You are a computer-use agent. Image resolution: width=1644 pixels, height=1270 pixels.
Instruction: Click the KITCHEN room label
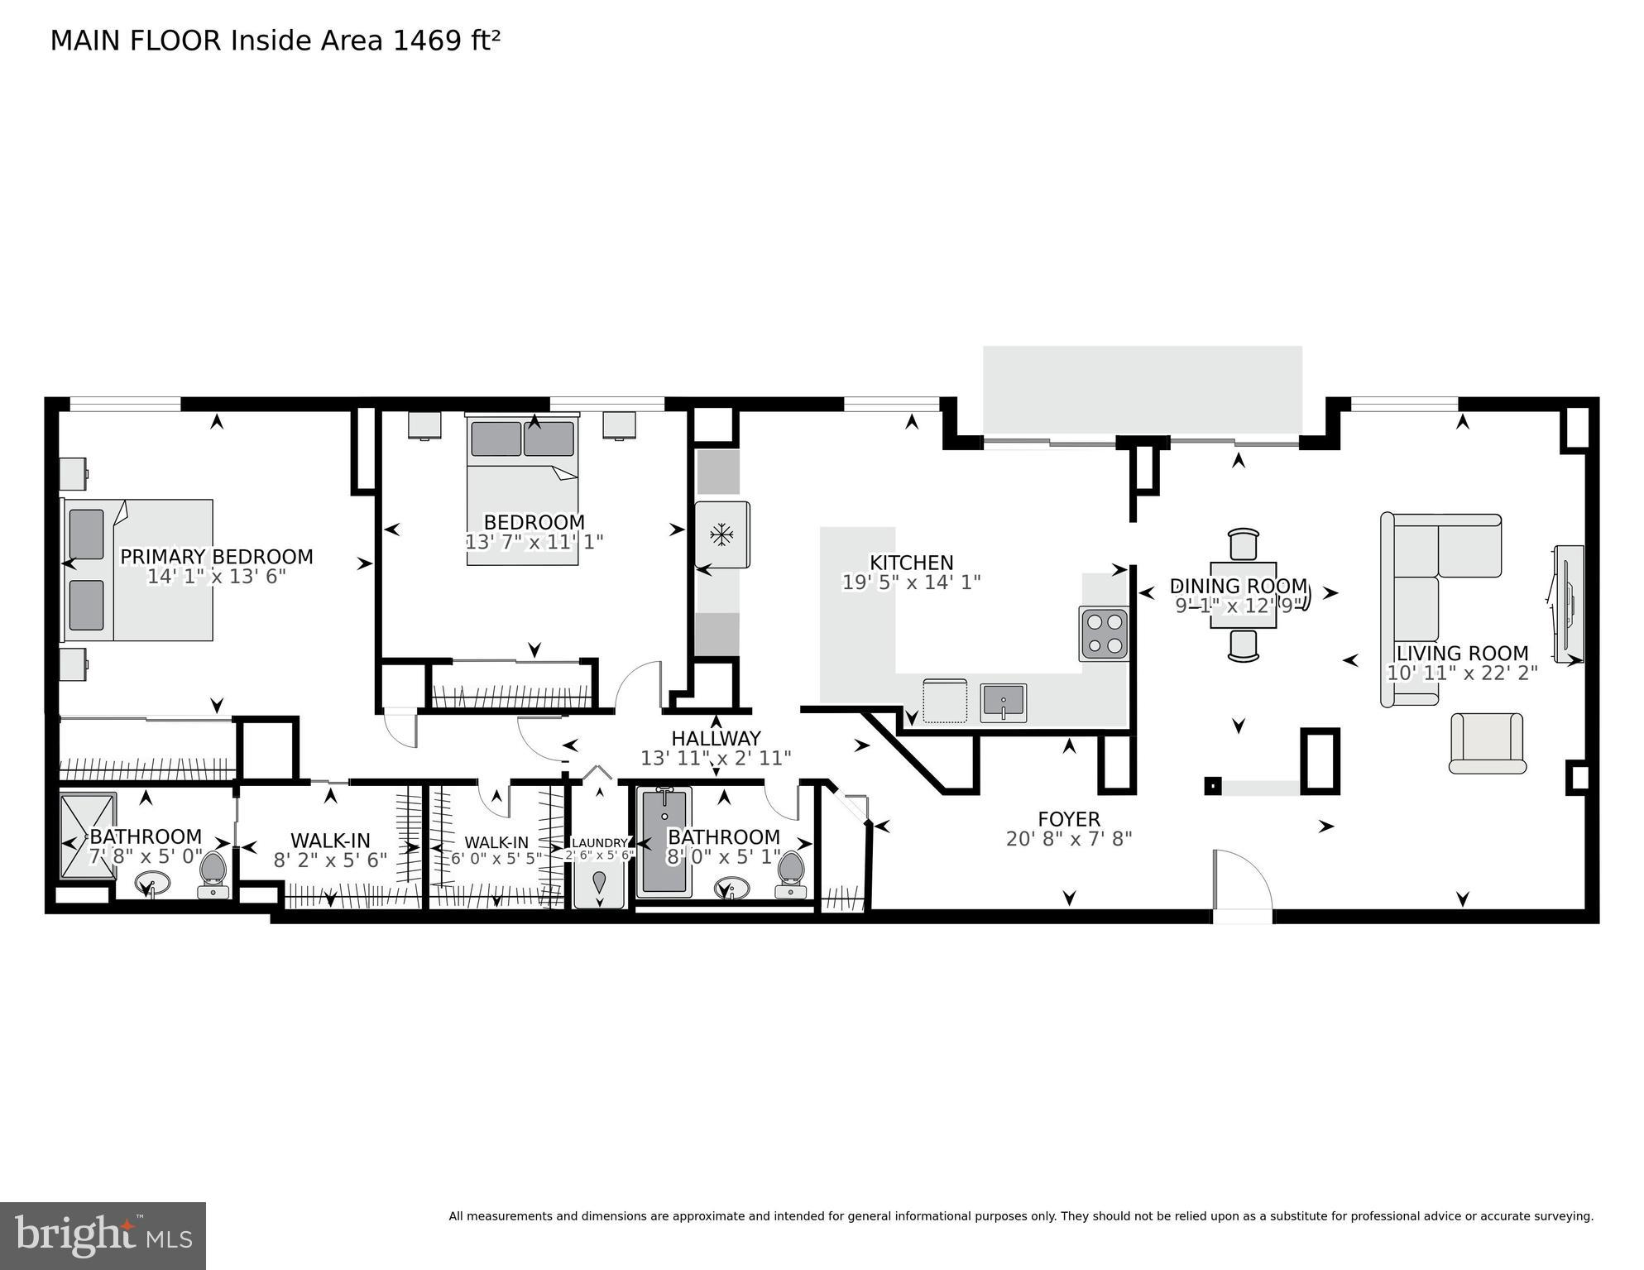[x=911, y=563]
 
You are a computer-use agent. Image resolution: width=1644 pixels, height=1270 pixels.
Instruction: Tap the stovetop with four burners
[x=1104, y=634]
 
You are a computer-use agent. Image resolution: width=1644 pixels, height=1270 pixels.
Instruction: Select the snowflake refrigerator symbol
[x=722, y=534]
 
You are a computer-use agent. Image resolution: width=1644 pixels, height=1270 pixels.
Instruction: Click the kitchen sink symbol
[x=1003, y=702]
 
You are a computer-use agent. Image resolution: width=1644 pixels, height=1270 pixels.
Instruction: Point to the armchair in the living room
[x=1487, y=743]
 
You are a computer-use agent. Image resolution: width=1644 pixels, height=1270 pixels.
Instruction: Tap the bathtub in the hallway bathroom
[x=664, y=842]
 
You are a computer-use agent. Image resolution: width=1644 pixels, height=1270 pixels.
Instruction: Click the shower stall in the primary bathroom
[x=88, y=836]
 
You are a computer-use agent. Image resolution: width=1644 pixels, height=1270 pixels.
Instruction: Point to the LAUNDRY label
[x=600, y=843]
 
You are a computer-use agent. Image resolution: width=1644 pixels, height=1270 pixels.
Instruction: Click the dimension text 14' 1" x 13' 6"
[x=216, y=577]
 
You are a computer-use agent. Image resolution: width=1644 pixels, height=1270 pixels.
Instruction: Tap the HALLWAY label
[x=716, y=738]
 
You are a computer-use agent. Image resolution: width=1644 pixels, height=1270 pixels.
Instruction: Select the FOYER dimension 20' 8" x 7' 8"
[x=1068, y=839]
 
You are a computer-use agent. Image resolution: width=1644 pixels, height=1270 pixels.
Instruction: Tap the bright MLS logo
[x=103, y=1235]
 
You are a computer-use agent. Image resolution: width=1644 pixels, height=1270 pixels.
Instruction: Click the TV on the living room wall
[x=1569, y=604]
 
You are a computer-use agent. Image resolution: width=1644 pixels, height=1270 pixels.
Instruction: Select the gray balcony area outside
[x=1142, y=389]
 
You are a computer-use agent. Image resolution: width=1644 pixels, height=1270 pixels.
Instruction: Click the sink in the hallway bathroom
[x=731, y=889]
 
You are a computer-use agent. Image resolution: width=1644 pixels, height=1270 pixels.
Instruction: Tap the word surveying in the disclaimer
[x=1562, y=1216]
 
